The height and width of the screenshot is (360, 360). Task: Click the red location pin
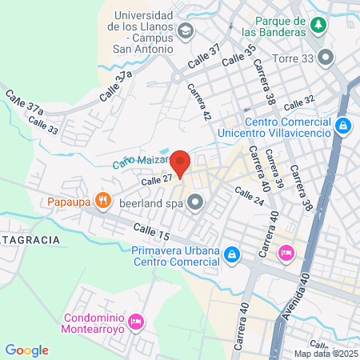[x=181, y=162]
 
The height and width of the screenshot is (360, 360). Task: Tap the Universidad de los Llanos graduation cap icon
[x=186, y=32]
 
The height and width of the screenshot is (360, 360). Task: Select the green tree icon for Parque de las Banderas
[x=319, y=25]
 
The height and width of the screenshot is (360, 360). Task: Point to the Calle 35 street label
[x=238, y=55]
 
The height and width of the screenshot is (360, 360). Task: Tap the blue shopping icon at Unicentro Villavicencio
[x=343, y=125]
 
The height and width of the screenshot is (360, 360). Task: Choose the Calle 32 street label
[x=300, y=103]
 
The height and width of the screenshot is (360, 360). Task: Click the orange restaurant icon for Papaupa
[x=102, y=199]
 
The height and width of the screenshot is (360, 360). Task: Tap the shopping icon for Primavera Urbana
[x=231, y=254]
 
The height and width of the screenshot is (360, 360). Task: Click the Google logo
[x=27, y=350]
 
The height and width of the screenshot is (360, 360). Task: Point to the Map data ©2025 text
[x=326, y=354]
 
